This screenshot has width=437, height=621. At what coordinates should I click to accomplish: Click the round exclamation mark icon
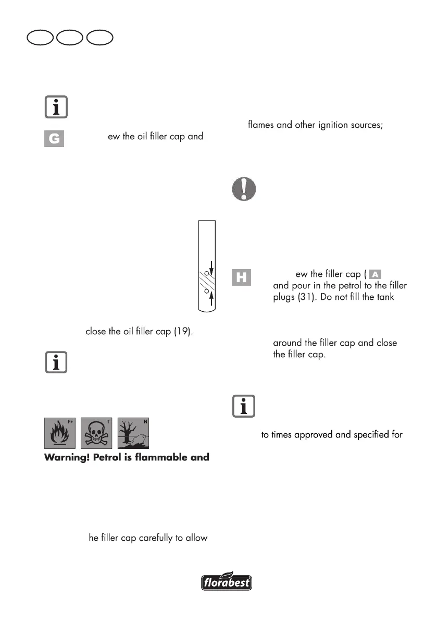coord(243,188)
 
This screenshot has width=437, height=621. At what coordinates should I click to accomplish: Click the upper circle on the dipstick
coord(206,272)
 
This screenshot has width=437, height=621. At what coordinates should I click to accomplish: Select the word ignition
coord(339,126)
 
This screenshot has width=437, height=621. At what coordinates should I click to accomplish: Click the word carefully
coord(151,538)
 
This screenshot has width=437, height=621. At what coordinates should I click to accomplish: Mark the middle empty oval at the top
coord(71,39)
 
